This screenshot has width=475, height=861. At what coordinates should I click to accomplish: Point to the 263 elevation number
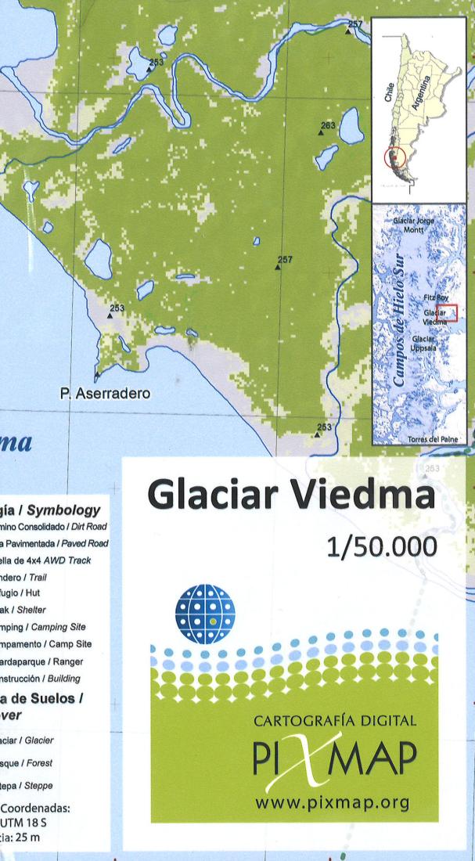327,125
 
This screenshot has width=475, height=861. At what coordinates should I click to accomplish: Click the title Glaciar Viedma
290,496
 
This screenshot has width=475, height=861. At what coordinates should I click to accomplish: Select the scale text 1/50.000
381,546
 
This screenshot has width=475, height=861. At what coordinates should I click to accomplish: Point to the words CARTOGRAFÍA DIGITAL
335,721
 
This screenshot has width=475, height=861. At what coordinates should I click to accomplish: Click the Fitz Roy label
436,298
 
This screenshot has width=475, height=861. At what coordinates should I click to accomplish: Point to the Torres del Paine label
432,440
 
